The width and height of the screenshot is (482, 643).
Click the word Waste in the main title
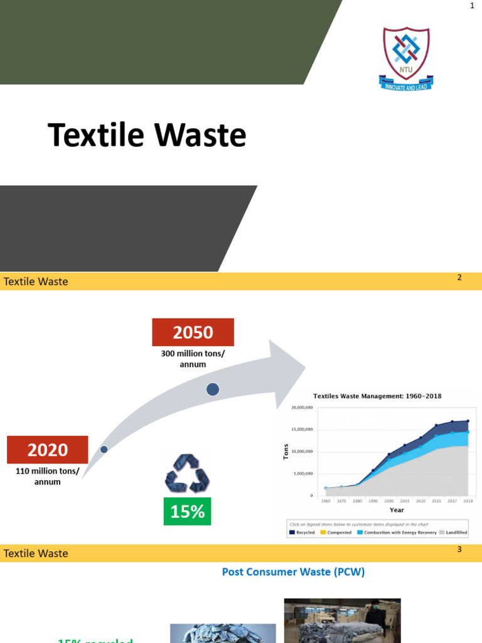201,136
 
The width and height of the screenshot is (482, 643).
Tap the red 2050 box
193,332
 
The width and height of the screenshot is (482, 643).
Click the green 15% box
187,511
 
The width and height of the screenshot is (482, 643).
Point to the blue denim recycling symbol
187,473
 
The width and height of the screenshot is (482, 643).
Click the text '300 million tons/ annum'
193,359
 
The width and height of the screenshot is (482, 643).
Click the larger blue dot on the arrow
213,389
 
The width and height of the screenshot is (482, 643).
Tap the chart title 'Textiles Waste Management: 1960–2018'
378,396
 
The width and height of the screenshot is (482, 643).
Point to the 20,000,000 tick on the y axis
302,408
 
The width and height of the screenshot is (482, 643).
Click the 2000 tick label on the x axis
389,502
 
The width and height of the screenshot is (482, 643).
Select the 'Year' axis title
397,510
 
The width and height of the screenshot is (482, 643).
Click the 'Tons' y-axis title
286,451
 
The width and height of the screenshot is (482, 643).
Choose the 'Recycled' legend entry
302,532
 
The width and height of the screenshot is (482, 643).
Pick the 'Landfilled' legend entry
452,532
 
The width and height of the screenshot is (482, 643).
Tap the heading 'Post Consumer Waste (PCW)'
293,572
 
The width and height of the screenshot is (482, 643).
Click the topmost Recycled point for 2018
468,421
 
